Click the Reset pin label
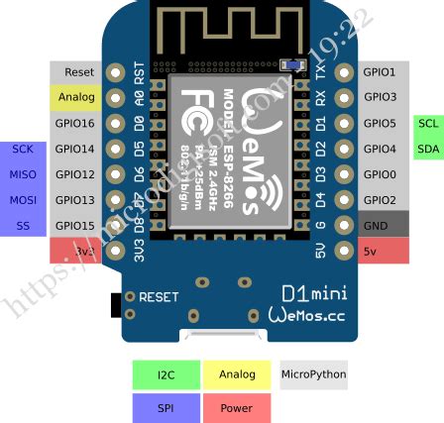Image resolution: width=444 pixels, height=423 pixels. point(78,72)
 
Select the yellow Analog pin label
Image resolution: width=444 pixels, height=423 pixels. point(76,98)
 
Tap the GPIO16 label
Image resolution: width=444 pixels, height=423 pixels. point(75,123)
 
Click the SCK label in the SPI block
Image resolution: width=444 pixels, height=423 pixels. point(23,149)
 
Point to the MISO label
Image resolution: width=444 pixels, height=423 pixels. point(23,174)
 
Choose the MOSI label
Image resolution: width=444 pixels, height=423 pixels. point(23,199)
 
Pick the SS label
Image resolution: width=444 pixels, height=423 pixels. point(23,225)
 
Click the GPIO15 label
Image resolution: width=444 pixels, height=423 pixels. point(75,225)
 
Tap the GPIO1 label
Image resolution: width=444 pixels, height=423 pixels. point(380,72)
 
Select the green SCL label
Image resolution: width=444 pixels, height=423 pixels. point(427,123)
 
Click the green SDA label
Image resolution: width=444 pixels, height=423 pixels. point(427,149)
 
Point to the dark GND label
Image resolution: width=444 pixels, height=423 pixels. point(377,225)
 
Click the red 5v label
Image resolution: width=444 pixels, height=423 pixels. point(371,251)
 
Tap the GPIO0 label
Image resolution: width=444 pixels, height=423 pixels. point(380,174)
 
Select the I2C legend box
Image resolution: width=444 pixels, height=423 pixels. point(166,374)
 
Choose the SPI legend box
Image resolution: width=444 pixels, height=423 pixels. point(166,407)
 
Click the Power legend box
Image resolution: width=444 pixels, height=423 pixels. point(237,407)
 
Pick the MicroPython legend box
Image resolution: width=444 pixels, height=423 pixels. point(314,374)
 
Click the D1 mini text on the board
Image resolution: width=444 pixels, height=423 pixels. point(312,294)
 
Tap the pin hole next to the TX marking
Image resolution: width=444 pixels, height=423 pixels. point(344,72)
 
